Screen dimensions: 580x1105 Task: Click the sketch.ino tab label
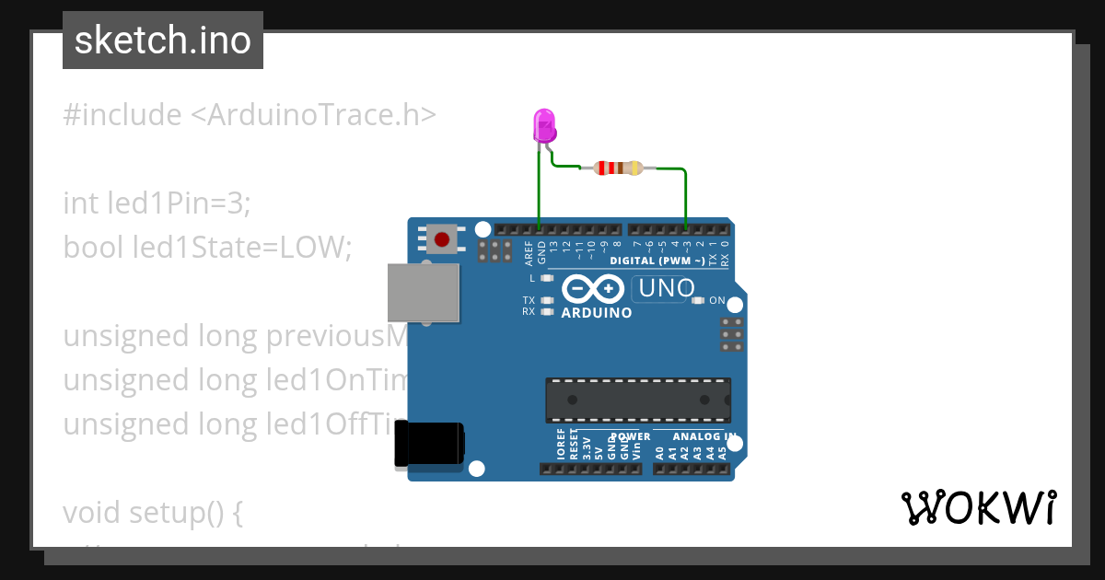tap(163, 41)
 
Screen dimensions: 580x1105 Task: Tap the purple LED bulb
tap(544, 124)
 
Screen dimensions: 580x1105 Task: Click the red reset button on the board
tap(442, 239)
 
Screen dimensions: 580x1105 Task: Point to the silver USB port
tap(424, 293)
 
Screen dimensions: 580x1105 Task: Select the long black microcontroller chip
tap(638, 400)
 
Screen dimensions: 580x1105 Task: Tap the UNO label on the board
tap(666, 288)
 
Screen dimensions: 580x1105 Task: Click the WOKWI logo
tap(978, 507)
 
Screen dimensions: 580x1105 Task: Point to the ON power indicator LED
tap(698, 300)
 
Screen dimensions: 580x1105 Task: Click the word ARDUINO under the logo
tap(597, 313)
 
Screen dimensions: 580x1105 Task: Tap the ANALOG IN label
tap(704, 436)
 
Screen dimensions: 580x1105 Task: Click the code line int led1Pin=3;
tap(157, 203)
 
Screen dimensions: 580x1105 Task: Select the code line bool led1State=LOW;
tap(207, 247)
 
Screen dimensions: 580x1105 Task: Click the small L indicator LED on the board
tap(547, 277)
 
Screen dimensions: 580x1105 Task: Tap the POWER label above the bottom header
tap(631, 436)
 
